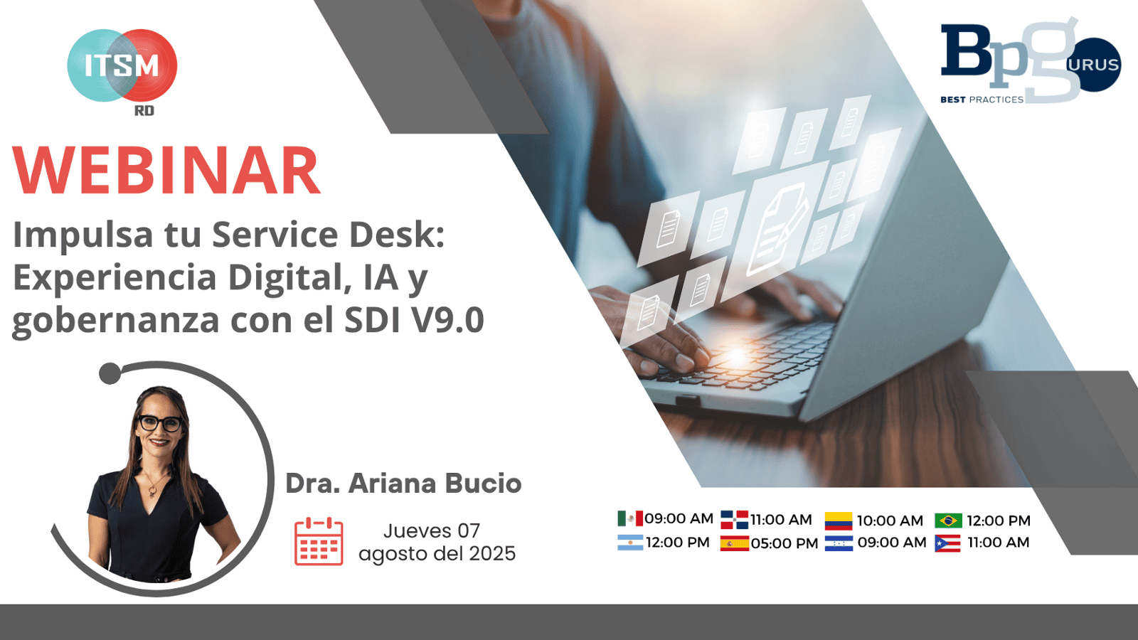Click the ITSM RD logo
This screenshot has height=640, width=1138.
pyautogui.click(x=122, y=68)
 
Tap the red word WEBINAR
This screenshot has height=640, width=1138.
pyautogui.click(x=166, y=171)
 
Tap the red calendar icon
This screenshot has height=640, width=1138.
pyautogui.click(x=319, y=542)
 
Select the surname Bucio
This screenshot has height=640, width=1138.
pyautogui.click(x=483, y=484)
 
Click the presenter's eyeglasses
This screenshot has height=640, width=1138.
pyautogui.click(x=159, y=423)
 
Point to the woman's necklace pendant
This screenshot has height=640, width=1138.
pyautogui.click(x=152, y=491)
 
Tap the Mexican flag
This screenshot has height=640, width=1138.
pyautogui.click(x=629, y=518)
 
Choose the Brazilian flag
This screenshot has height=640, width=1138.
pyautogui.click(x=947, y=521)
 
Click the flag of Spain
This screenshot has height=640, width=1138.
pyautogui.click(x=734, y=544)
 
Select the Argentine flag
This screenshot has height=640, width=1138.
pyautogui.click(x=629, y=543)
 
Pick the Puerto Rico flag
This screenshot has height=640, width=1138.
pyautogui.click(x=947, y=544)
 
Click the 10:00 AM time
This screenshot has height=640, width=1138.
pyautogui.click(x=889, y=521)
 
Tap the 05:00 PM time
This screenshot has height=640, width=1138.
pyautogui.click(x=785, y=543)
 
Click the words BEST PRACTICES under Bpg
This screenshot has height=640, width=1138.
pyautogui.click(x=982, y=100)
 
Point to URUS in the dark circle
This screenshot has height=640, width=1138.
pyautogui.click(x=1093, y=65)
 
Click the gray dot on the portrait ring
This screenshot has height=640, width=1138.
pyautogui.click(x=110, y=373)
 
